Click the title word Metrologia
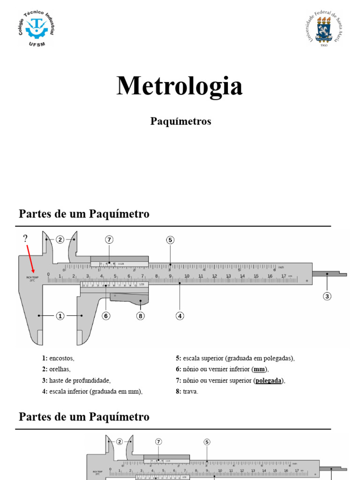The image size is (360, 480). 180,86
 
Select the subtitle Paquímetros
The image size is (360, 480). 180,121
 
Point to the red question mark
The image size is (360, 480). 26,240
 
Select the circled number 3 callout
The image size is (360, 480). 327,296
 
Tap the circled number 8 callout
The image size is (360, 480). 141,316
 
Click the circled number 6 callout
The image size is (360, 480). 106,316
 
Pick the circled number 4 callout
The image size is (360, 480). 180,316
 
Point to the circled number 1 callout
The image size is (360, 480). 60,316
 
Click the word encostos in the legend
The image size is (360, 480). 61,359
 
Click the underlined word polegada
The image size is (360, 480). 269,381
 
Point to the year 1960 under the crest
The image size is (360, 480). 323,45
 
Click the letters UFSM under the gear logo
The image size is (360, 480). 36,43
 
